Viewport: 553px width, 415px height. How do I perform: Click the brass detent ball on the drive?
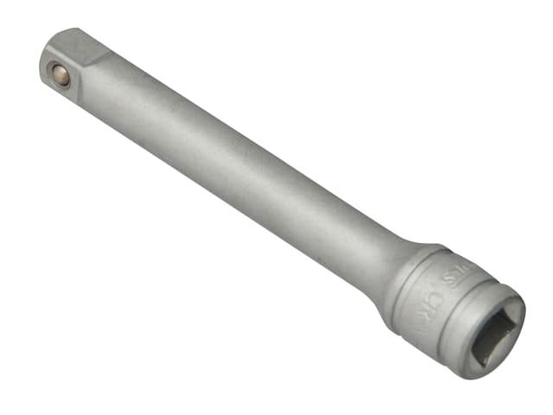point(61,76)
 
